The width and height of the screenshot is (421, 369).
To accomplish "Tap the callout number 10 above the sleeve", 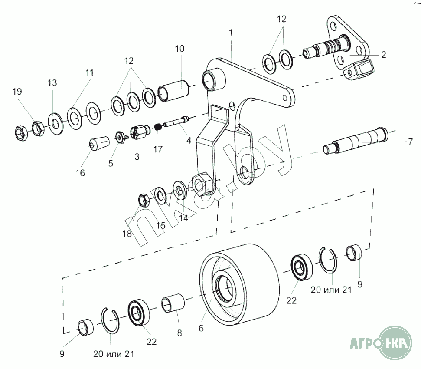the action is click(179, 49).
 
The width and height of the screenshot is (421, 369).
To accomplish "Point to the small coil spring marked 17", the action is click(158, 128).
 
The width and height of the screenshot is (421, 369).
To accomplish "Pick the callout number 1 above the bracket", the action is click(231, 33).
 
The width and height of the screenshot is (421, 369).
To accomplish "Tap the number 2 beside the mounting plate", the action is click(383, 55).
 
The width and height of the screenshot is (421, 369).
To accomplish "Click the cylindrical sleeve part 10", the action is click(174, 91).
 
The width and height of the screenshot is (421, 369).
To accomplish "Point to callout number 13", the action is click(52, 83).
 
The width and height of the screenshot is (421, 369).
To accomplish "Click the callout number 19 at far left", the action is click(17, 92).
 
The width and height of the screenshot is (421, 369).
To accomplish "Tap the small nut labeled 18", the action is click(143, 199).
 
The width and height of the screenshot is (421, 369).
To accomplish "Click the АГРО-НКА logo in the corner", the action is click(381, 343).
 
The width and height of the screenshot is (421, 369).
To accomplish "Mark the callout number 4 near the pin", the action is click(189, 141).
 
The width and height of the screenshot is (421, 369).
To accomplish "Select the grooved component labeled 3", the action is click(138, 132).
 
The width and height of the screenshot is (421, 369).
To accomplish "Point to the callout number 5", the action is click(110, 164).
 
